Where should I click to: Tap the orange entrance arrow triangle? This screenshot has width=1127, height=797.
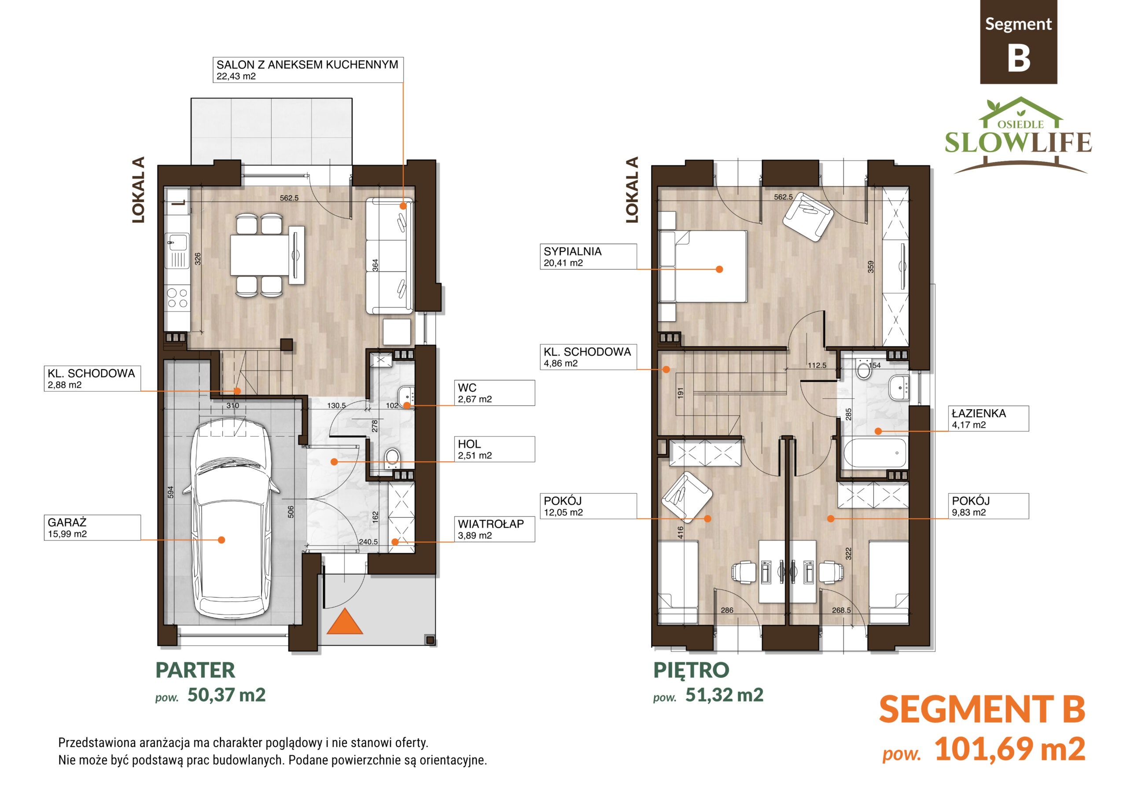(x=345, y=621)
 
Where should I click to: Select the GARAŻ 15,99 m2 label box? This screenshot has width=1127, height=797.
(x=92, y=528)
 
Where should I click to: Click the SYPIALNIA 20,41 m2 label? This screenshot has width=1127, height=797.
(x=588, y=256)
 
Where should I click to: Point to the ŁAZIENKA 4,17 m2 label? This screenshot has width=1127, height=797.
(x=989, y=419)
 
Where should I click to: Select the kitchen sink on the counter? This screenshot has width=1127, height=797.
(x=177, y=243)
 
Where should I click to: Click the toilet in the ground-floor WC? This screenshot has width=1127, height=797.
(x=392, y=457)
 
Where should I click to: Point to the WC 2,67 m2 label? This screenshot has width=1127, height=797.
(x=495, y=393)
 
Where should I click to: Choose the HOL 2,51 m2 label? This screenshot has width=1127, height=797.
(x=495, y=449)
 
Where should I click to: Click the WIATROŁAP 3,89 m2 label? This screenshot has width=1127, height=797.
(x=495, y=529)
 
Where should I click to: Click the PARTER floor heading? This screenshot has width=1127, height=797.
(x=195, y=670)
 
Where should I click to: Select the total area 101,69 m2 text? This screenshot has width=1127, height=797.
(x=1010, y=749)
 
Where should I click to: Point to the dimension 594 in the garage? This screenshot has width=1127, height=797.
(x=171, y=492)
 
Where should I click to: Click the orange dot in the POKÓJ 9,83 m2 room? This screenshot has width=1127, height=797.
(x=831, y=519)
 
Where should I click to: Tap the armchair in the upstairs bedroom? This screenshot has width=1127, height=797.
(x=808, y=217)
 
